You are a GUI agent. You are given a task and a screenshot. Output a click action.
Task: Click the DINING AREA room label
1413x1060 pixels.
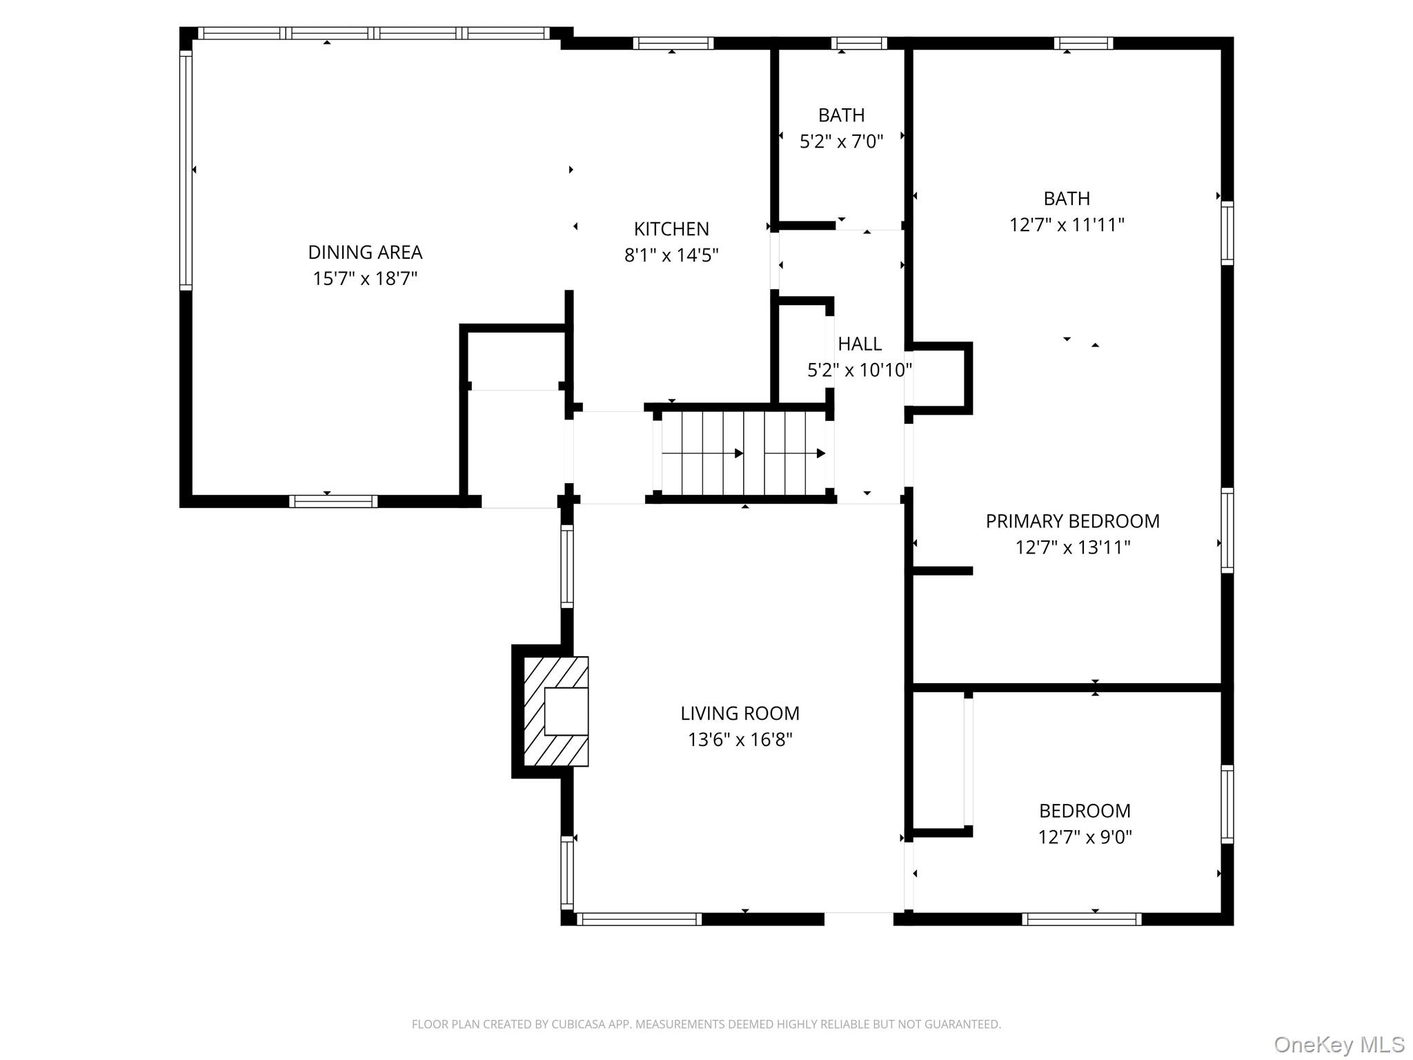click(x=365, y=253)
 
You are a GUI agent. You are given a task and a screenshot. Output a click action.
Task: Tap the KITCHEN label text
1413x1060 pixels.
click(x=671, y=229)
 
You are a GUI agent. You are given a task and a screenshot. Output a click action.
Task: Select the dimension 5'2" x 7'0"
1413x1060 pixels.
click(x=841, y=141)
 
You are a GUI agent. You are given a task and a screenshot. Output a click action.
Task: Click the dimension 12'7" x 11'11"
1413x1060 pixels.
click(x=1067, y=225)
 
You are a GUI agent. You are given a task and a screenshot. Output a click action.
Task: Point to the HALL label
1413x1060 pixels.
click(x=860, y=344)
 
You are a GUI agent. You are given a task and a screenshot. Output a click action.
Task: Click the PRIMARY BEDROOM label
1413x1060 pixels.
click(x=1072, y=521)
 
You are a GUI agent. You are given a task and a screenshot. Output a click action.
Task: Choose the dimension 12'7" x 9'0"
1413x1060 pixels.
click(x=1085, y=837)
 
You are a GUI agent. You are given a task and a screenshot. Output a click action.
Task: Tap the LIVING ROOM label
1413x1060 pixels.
click(x=740, y=714)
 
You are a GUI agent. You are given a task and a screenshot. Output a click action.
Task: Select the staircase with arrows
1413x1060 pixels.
click(x=744, y=453)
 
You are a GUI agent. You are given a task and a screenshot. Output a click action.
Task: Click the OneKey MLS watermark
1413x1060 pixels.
click(x=1338, y=1045)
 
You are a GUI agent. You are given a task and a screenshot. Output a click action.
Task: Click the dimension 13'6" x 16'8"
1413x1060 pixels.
click(x=740, y=740)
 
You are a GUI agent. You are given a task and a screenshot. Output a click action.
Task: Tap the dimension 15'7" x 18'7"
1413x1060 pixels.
click(x=365, y=279)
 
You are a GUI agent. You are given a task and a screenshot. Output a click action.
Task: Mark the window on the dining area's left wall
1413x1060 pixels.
click(x=186, y=170)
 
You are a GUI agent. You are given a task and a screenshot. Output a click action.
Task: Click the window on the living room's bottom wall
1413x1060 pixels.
click(x=639, y=919)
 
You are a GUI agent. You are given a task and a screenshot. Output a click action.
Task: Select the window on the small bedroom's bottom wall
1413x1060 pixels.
click(x=1081, y=919)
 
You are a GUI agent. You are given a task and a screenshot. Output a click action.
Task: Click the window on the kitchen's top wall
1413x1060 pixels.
click(x=673, y=43)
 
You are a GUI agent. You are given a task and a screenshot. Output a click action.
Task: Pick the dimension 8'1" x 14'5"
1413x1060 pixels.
click(x=671, y=255)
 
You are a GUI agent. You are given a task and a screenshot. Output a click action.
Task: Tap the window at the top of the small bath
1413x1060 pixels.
click(x=858, y=43)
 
